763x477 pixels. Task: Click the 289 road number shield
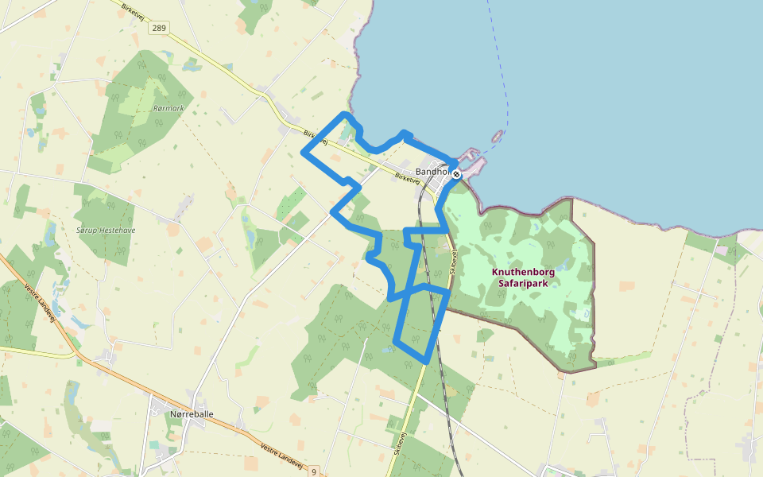tap(160, 28)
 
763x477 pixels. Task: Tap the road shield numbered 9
tap(314, 471)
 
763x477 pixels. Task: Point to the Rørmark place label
tap(168, 107)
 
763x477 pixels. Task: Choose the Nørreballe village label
tap(192, 413)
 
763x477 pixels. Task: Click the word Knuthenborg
tap(523, 272)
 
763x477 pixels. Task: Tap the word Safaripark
tap(523, 282)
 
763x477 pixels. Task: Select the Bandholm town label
tap(433, 172)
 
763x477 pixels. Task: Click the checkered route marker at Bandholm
tap(457, 173)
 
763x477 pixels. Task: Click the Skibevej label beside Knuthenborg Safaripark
tap(455, 263)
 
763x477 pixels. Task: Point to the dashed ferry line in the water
tap(501, 64)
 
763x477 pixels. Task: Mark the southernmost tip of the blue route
tap(427, 362)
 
